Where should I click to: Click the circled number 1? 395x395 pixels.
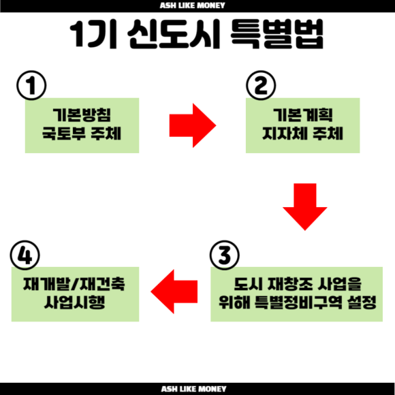click(31, 85)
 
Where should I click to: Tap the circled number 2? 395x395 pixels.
click(261, 85)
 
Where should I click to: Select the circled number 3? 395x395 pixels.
click(225, 255)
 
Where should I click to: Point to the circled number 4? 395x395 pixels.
click(25, 255)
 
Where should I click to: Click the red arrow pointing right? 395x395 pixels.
click(193, 125)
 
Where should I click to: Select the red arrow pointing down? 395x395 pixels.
click(305, 207)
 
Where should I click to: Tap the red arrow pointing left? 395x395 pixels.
click(174, 291)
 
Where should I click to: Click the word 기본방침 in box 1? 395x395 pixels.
click(82, 115)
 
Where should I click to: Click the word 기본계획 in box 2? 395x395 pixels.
click(303, 115)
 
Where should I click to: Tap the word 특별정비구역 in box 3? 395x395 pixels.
click(298, 302)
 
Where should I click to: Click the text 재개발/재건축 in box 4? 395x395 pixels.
click(74, 284)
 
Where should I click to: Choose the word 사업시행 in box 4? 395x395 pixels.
click(74, 302)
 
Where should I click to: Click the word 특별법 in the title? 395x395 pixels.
click(277, 34)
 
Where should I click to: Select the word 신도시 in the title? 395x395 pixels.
click(174, 34)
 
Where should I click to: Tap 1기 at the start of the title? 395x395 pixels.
click(93, 34)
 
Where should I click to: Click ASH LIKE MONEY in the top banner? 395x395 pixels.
click(193, 5)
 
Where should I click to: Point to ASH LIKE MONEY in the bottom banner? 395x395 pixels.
click(193, 389)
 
